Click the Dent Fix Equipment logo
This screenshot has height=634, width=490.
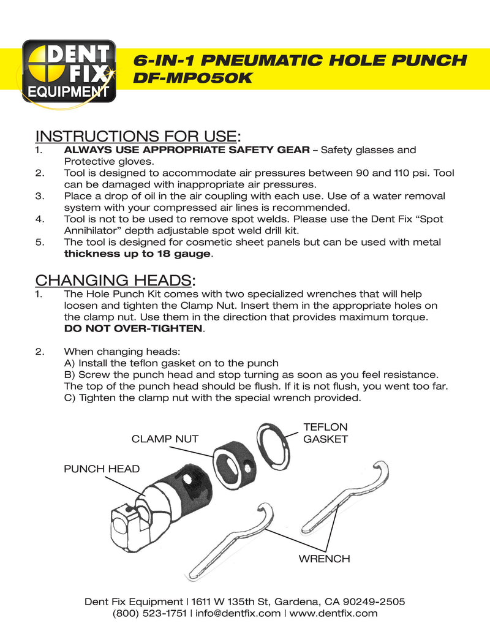[69, 70]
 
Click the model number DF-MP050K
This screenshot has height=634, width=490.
[192, 79]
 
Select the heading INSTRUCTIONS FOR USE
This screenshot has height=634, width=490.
[135, 135]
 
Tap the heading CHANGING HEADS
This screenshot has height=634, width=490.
[113, 281]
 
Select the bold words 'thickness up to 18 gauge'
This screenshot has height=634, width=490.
[137, 254]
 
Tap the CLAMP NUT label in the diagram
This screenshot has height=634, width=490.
[165, 438]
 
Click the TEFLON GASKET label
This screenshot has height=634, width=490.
[325, 433]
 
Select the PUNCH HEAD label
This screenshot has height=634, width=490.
[102, 469]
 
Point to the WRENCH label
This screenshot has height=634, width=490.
[324, 559]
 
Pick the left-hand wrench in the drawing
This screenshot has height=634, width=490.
[230, 539]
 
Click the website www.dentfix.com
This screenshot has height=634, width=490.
[333, 613]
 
